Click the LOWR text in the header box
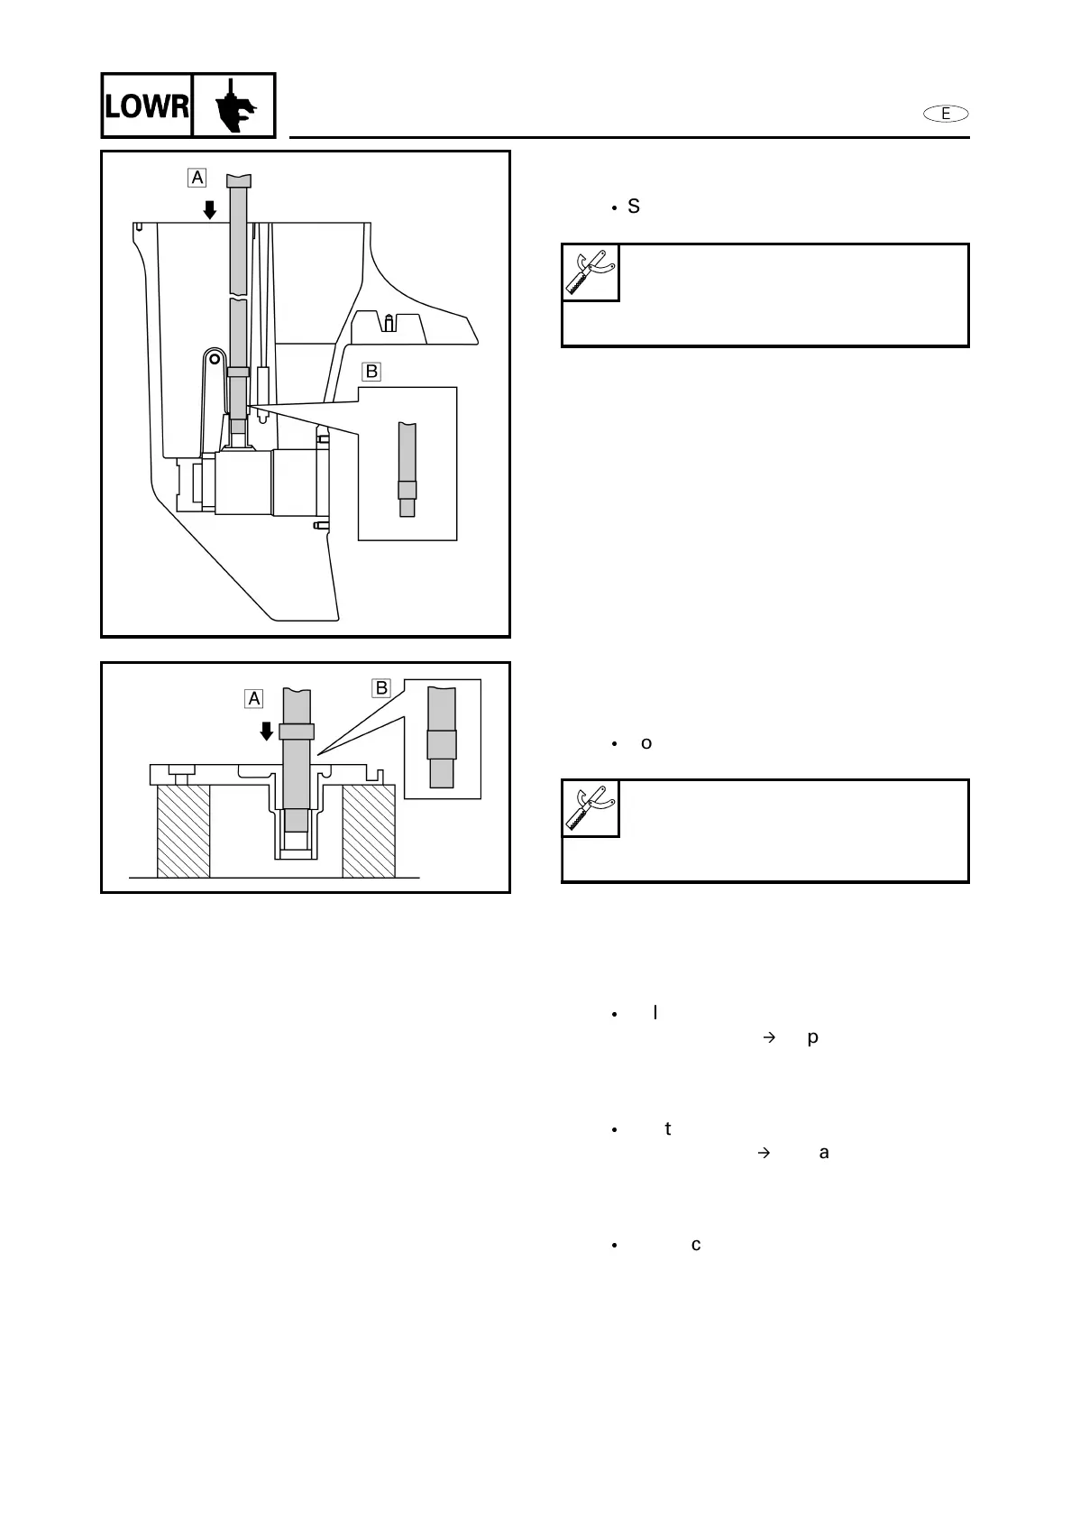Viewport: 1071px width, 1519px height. point(146,106)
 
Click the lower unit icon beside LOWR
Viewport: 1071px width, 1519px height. point(233,106)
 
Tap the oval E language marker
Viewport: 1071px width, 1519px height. point(946,114)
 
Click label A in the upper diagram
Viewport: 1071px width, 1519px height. point(197,178)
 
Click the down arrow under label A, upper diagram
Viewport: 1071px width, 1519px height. point(210,210)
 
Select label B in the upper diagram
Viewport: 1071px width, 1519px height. point(371,371)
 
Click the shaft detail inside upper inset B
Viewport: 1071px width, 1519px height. point(407,470)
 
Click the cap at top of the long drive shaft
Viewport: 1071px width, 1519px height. point(238,180)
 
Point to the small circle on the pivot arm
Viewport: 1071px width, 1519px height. point(214,358)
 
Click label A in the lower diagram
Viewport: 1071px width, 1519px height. point(254,698)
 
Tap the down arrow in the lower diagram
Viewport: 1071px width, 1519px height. point(267,730)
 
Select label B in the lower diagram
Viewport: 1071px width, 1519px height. point(381,688)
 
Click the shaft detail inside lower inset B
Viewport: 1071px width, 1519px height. point(442,738)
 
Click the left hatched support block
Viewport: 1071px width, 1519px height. point(184,831)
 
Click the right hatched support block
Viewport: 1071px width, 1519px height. point(368,831)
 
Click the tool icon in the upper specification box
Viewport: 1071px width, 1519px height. point(591,272)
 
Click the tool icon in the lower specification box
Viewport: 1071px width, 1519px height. point(591,808)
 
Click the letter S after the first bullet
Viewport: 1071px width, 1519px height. point(634,207)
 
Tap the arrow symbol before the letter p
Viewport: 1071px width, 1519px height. point(769,1038)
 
